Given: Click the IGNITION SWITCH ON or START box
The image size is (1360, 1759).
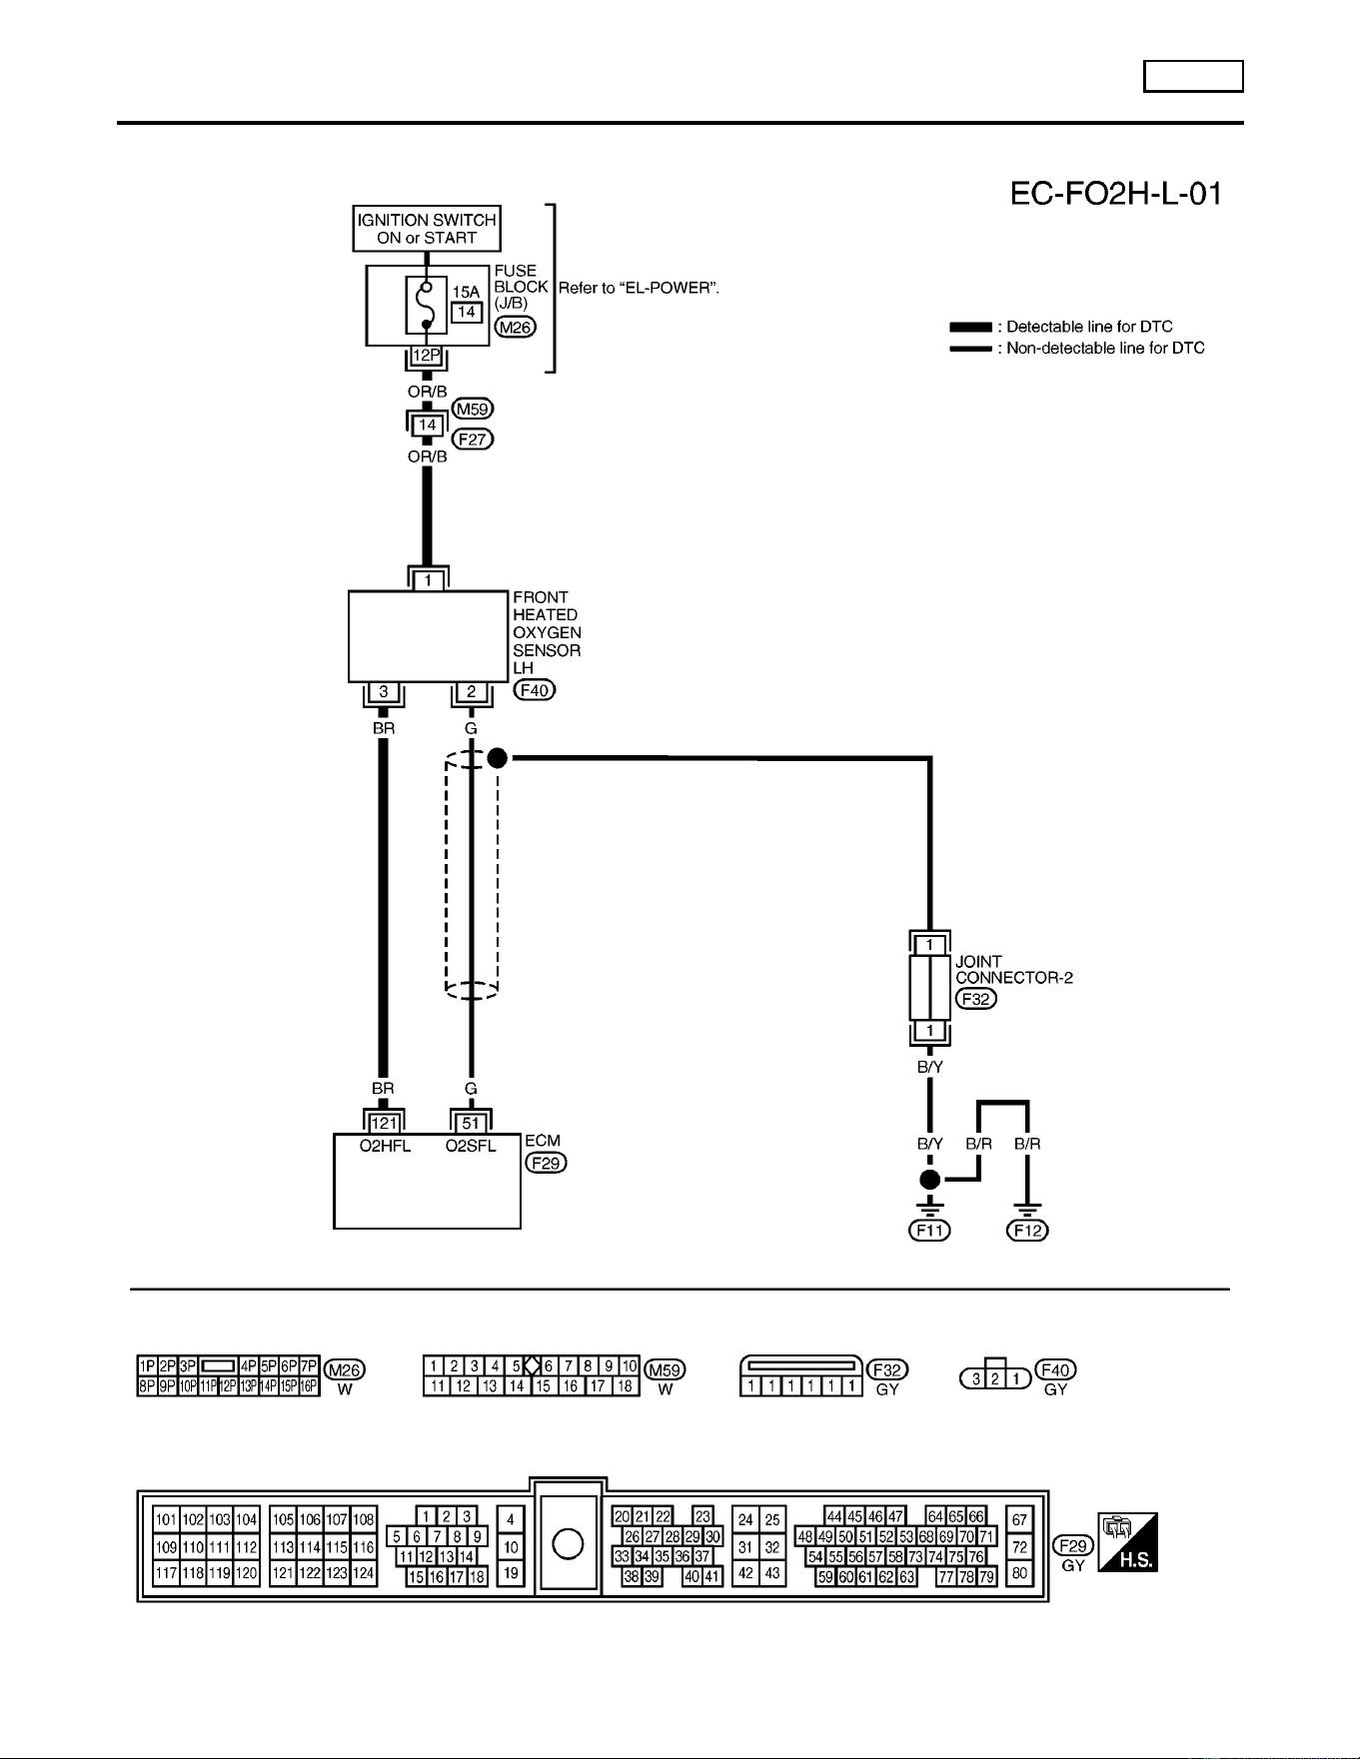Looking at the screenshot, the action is coord(427,229).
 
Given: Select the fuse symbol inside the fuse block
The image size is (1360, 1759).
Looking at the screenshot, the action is coord(427,305).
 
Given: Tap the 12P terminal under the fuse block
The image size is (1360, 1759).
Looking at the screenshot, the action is coord(427,356).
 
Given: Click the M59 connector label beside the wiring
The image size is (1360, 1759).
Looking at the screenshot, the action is coord(473,409).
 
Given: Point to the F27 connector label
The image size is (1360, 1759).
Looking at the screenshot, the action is coord(473,439).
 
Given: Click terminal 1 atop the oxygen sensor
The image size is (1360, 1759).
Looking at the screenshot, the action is coord(428,580).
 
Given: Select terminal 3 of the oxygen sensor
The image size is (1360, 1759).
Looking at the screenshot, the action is coord(384,691).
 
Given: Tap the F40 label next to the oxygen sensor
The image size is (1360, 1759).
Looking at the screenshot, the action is coord(535,689).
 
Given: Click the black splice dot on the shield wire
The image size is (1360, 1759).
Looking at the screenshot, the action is coord(498,758).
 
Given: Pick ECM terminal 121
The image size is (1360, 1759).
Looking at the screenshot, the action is coord(384,1124).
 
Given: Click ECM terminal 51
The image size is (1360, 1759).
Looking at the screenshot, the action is coord(471,1124).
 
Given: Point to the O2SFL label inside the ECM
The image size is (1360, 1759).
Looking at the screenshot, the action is coord(471,1146).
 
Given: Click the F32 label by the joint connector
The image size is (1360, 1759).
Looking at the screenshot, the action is coord(976,999).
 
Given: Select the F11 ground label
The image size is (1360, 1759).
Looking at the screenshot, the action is coord(929,1231).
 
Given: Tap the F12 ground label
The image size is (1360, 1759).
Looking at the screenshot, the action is coord(1028,1231).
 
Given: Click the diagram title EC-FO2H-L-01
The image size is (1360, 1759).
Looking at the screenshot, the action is coord(1116,194).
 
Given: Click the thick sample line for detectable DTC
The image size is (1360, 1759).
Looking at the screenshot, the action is coord(970,327).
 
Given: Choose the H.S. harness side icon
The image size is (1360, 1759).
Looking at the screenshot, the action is coord(1127,1542).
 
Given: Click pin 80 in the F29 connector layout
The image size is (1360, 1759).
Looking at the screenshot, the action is coord(1019,1573).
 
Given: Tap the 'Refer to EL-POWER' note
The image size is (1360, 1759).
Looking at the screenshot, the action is coord(639,288).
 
